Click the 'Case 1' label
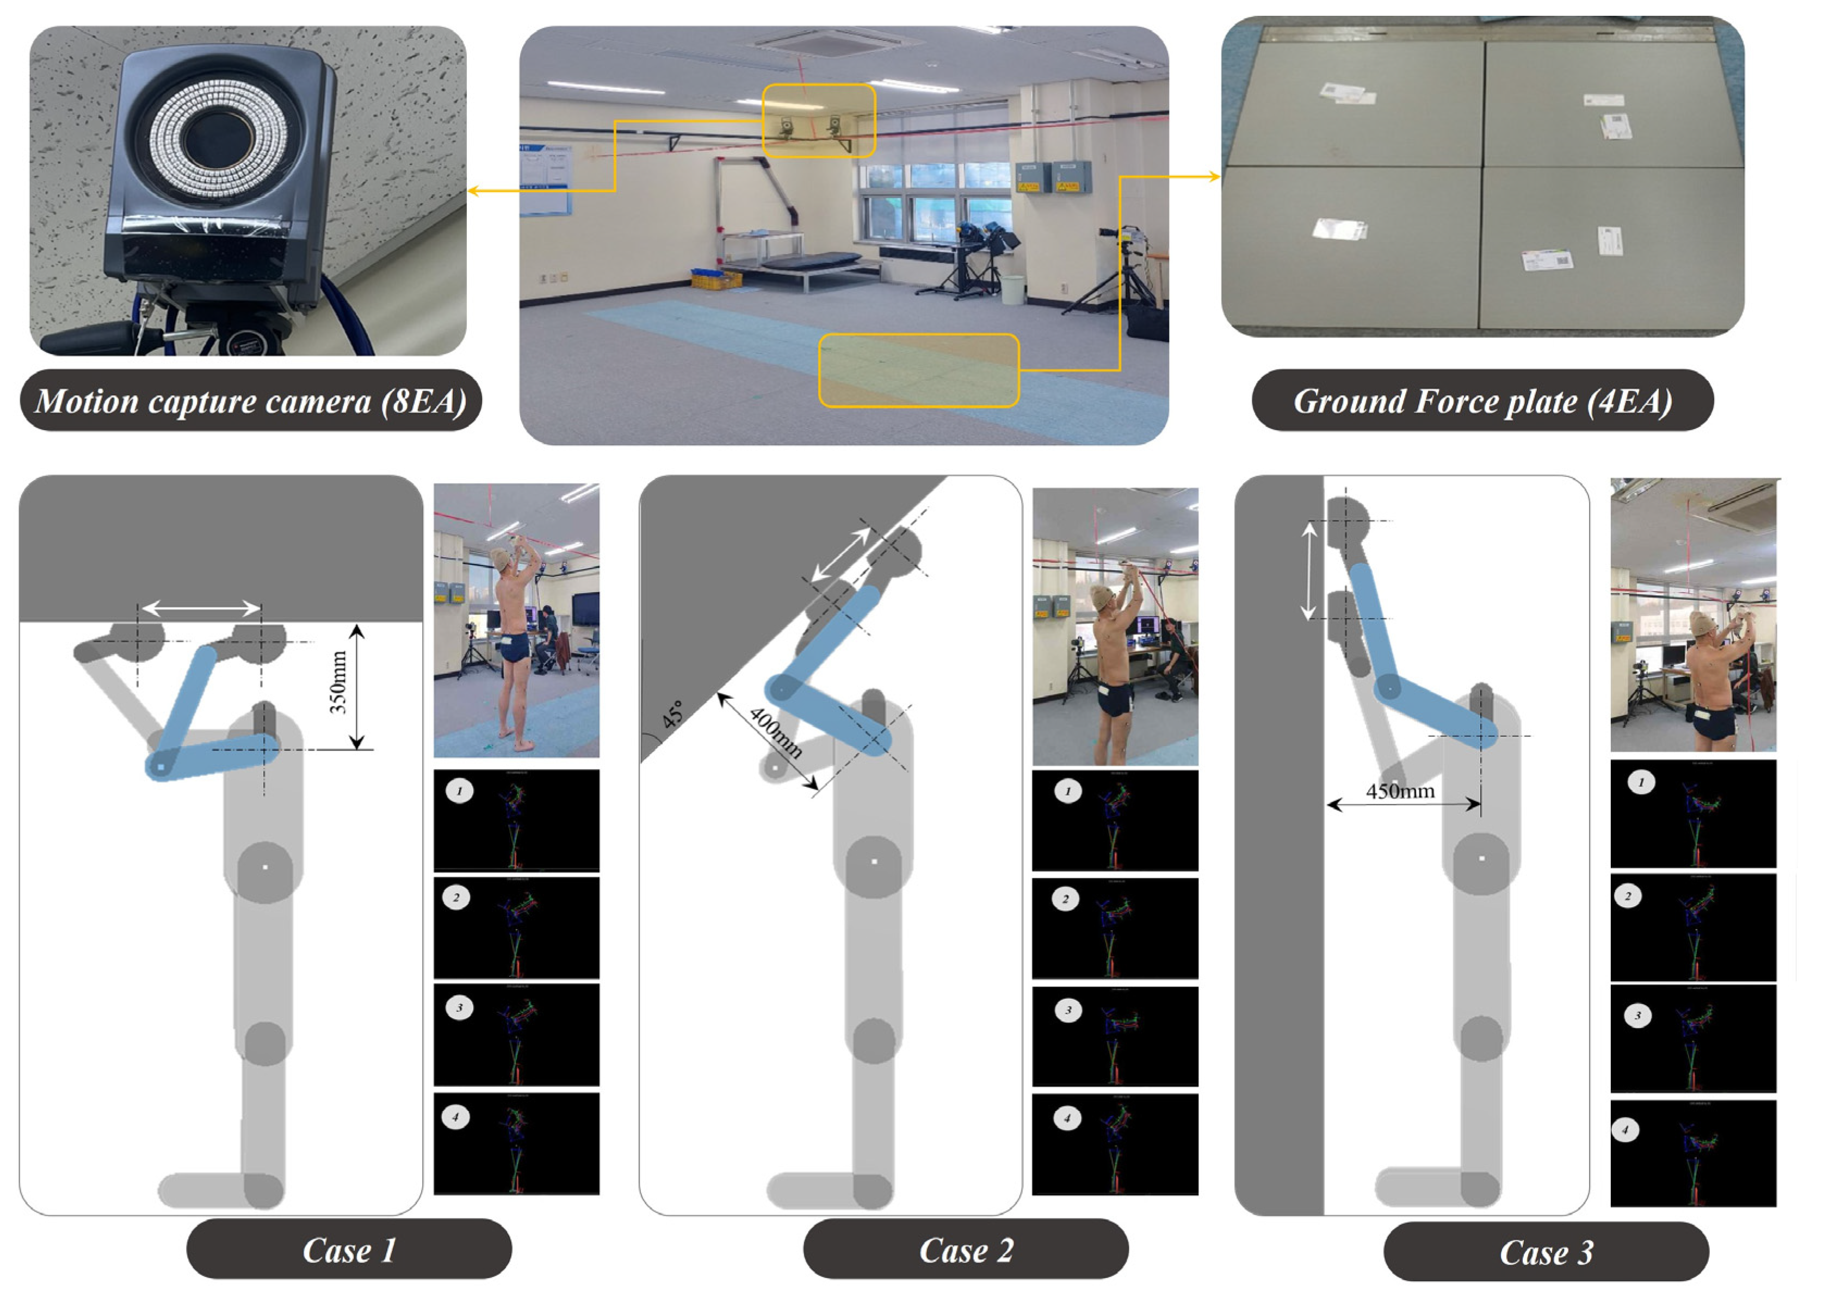349,1250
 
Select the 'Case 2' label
966,1250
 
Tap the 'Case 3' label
1546,1253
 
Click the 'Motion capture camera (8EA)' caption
250,401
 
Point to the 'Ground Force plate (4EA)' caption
1482,401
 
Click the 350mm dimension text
338,682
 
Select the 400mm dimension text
775,733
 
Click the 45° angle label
673,714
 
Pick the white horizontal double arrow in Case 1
201,608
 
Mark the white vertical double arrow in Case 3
1309,570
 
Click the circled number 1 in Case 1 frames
459,791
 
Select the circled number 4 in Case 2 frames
1067,1118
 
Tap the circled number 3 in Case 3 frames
1637,1016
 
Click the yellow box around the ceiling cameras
818,120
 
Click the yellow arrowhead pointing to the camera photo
474,190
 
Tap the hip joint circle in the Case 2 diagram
873,862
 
